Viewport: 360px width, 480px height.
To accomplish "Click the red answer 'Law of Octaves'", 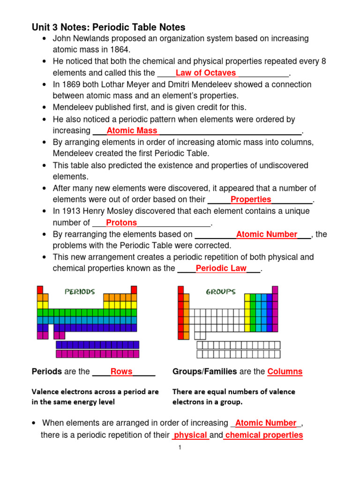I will [x=205, y=73].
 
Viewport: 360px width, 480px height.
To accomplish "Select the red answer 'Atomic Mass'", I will [x=133, y=131].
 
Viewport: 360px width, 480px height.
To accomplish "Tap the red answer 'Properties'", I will [x=251, y=200].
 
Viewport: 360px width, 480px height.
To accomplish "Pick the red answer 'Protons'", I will [x=121, y=223].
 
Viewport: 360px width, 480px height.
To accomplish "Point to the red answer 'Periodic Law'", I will [x=221, y=269].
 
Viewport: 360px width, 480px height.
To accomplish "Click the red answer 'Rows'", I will [x=121, y=372].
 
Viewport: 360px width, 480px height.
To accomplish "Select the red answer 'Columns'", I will [x=285, y=372].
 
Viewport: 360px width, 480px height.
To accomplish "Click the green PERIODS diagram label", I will [x=80, y=292].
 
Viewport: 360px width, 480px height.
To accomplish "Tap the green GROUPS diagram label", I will [x=221, y=292].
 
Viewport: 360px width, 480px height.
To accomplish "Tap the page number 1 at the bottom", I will [x=180, y=448].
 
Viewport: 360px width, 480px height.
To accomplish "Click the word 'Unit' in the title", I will [x=40, y=27].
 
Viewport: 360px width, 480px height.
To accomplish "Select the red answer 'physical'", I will [x=190, y=435].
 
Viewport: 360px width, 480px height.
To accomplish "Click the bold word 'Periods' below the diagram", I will [x=46, y=372].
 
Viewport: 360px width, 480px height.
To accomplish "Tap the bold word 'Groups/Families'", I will [x=205, y=372].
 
